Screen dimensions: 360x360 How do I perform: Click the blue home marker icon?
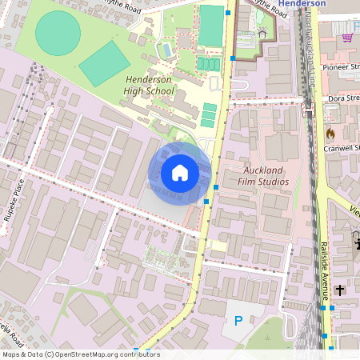point(180,172)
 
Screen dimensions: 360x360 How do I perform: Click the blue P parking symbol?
point(238,321)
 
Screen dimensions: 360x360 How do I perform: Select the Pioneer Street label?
point(341,67)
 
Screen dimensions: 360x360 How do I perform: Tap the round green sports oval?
point(58,33)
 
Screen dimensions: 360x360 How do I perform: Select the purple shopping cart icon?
point(347,38)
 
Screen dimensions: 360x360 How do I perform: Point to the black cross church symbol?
point(340,290)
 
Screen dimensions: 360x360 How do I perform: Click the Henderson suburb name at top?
point(308,4)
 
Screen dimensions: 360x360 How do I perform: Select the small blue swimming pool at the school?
point(166,50)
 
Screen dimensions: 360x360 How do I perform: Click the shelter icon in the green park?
point(262,34)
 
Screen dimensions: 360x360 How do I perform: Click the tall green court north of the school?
point(211,26)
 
